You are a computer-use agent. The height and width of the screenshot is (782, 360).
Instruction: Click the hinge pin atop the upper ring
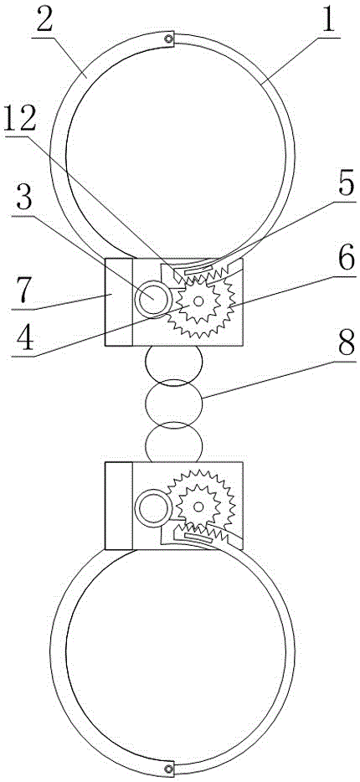pyautogui.click(x=170, y=39)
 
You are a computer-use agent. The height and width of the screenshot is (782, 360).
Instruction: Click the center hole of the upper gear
pyautogui.click(x=198, y=301)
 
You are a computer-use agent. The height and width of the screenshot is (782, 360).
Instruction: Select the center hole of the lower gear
pyautogui.click(x=198, y=507)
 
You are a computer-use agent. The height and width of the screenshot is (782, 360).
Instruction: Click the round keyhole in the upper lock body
pyautogui.click(x=153, y=298)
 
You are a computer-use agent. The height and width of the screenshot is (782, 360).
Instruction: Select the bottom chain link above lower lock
pyautogui.click(x=173, y=441)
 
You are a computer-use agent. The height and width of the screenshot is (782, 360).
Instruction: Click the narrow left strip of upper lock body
pyautogui.click(x=119, y=301)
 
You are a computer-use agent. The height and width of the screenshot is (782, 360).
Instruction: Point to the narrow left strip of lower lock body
pyautogui.click(x=119, y=506)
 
